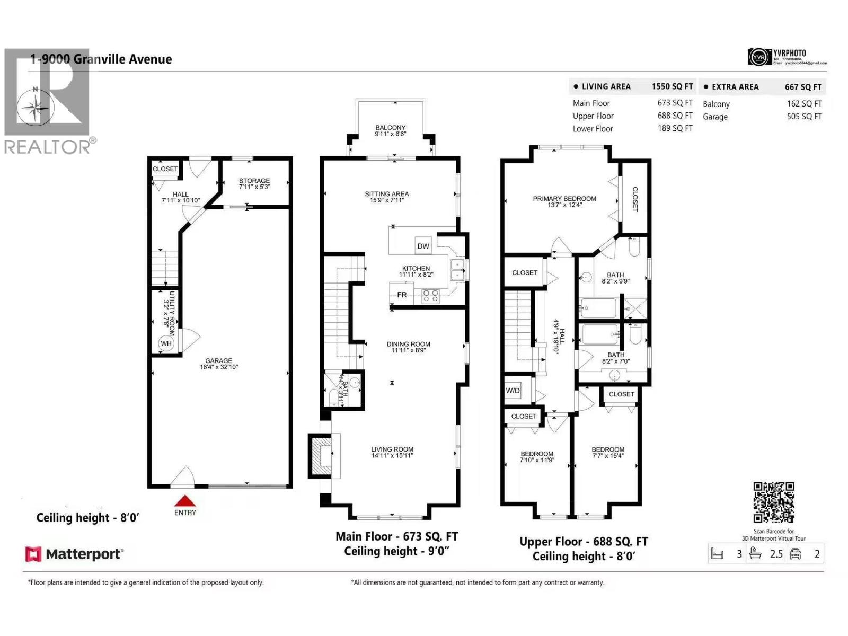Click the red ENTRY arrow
[x=185, y=501]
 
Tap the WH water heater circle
[x=166, y=343]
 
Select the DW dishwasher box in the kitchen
[x=423, y=245]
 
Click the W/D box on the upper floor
[x=513, y=391]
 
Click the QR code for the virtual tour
[x=774, y=502]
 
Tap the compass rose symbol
[x=36, y=109]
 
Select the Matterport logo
[x=75, y=554]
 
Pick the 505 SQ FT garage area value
[x=804, y=117]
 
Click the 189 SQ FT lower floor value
[x=675, y=128]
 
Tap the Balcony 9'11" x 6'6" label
[x=391, y=131]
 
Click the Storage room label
[x=254, y=183]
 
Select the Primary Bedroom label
[x=564, y=201]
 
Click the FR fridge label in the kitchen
[x=402, y=295]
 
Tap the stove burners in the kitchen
[x=430, y=296]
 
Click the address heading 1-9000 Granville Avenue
[x=101, y=59]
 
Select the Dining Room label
[x=408, y=347]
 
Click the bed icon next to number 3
[x=717, y=554]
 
